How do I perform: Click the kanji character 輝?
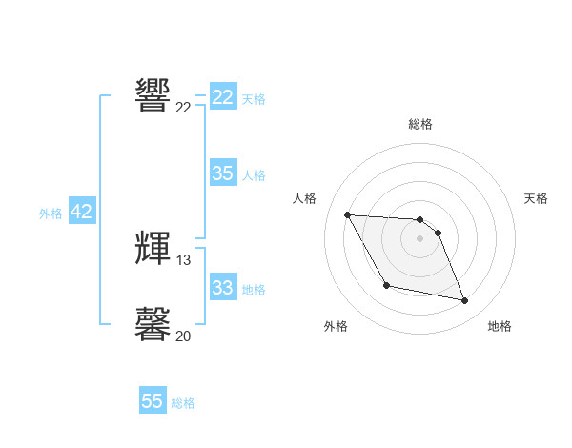[x=153, y=248]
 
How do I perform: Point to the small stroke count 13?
[x=184, y=260]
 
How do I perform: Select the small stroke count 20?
[x=184, y=336]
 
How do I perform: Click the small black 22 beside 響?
[x=184, y=108]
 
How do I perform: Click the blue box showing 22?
[x=223, y=97]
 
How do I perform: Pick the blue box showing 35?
[x=223, y=173]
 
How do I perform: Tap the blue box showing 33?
[x=223, y=288]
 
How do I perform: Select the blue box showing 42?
[x=82, y=212]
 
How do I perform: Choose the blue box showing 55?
[x=153, y=401]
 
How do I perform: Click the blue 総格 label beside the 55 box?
[x=183, y=403]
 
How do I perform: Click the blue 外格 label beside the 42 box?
[x=51, y=214]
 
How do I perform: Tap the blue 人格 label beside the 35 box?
[x=254, y=175]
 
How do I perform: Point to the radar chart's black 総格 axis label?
[x=420, y=124]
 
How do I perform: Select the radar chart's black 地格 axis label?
[x=500, y=326]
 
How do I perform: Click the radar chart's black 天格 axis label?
[x=537, y=198]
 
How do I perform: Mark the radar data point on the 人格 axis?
[x=347, y=214]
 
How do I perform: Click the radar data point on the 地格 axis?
[x=465, y=301]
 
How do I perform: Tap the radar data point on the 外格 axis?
[x=386, y=285]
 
